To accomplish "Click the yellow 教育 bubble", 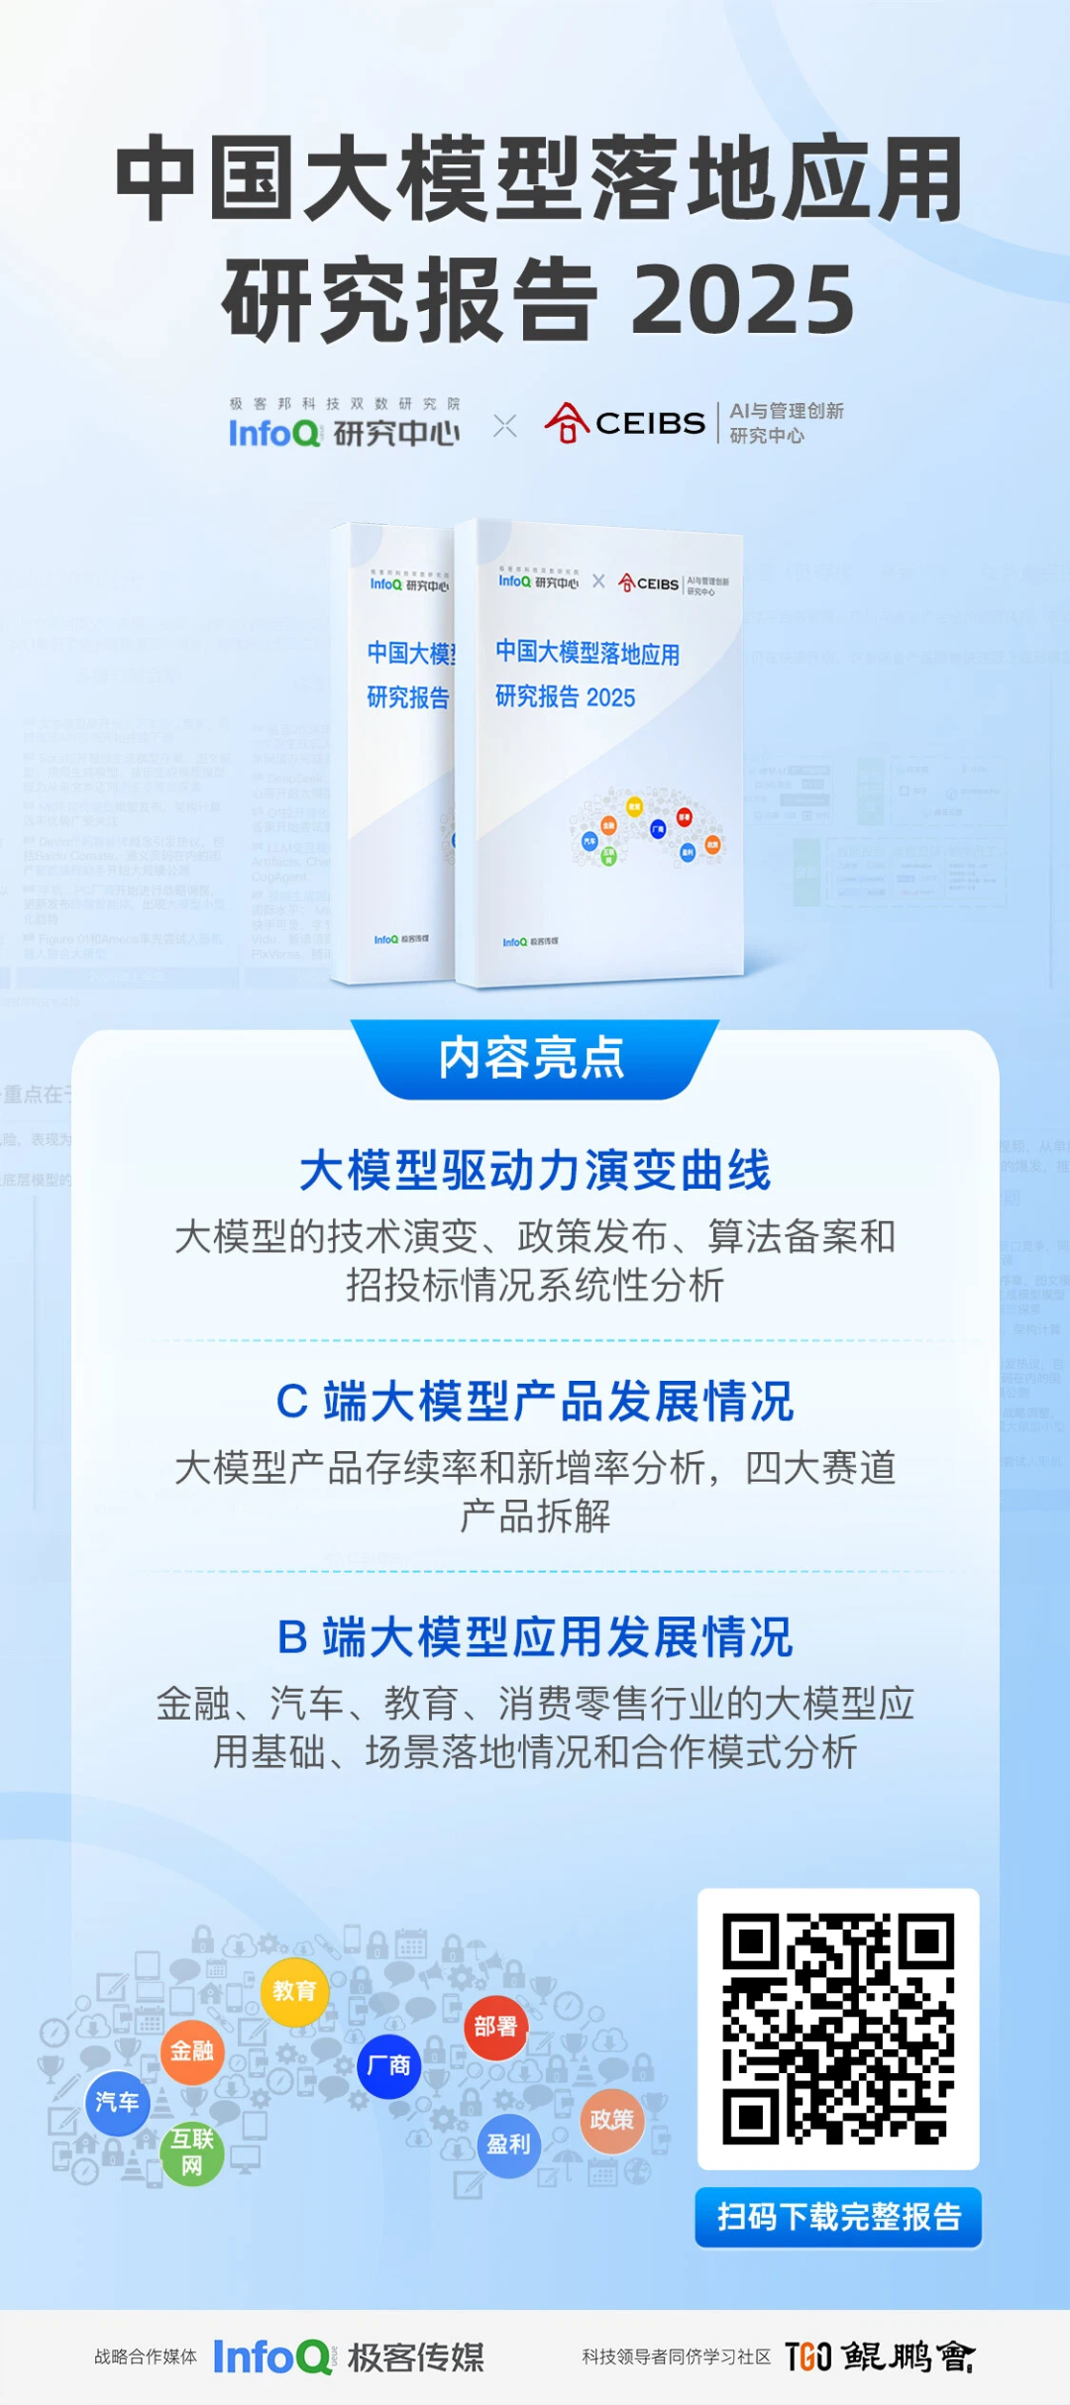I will [294, 1990].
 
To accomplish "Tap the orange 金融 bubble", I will [192, 2050].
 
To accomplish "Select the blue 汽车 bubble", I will [117, 2102].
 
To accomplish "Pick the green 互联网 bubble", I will [191, 2151].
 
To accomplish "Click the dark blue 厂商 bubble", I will [388, 2065].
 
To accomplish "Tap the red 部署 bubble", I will [495, 2026].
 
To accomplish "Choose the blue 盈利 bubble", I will [508, 2144].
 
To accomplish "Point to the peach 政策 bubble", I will [611, 2120].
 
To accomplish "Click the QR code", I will [838, 2029].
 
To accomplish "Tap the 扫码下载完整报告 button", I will [838, 2217].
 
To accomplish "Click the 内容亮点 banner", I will [533, 1059].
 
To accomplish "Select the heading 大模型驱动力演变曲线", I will [535, 1171].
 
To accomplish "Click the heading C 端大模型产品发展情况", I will [535, 1402].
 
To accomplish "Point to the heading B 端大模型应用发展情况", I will [535, 1636].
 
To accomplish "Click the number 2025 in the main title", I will [743, 299].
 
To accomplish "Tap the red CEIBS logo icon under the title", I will [567, 423].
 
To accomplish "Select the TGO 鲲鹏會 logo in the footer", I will [880, 2356].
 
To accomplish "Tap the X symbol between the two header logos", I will [505, 426].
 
